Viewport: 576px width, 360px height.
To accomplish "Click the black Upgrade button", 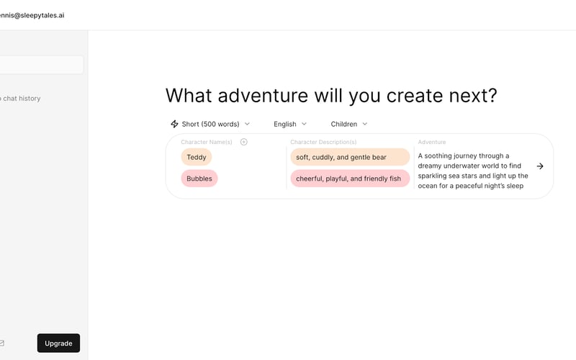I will [x=58, y=343].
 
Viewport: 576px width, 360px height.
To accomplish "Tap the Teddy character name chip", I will [x=196, y=157].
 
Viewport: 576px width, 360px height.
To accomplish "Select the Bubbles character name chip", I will [x=199, y=179].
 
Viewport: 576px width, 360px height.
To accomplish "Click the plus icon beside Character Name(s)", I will [x=244, y=142].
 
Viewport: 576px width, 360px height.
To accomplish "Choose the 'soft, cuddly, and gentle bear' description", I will [x=350, y=157].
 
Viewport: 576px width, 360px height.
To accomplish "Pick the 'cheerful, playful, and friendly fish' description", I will [x=350, y=179].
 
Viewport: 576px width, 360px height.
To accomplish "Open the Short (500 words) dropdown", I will [x=210, y=124].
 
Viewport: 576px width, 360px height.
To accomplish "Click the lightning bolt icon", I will [x=174, y=124].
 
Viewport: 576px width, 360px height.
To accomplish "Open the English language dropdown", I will [x=289, y=124].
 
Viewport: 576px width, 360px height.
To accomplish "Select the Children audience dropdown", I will [x=348, y=124].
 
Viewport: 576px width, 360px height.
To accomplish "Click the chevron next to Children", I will [x=365, y=124].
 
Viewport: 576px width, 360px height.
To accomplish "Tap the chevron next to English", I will [x=304, y=124].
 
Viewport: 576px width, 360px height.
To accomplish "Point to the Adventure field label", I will [x=432, y=143].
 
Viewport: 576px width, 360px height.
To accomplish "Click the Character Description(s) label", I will [x=323, y=143].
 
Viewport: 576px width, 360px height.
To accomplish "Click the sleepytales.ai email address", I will [x=32, y=15].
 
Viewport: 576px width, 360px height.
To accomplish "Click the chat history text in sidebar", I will [x=21, y=99].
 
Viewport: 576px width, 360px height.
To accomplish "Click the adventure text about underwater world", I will [x=472, y=171].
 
